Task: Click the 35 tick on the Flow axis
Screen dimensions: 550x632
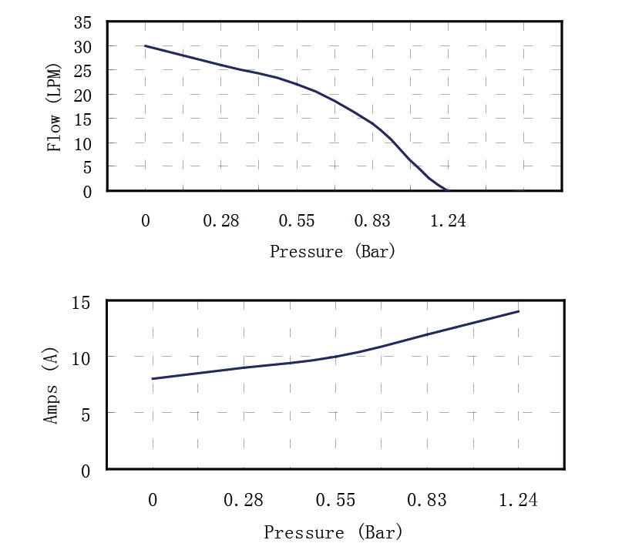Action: [x=82, y=22]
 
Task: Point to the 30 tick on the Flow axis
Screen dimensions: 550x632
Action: [x=82, y=46]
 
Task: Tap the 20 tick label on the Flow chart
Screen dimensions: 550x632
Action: [x=82, y=95]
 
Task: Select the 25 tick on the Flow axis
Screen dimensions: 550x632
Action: [x=82, y=71]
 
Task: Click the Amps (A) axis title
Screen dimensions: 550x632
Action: [x=52, y=386]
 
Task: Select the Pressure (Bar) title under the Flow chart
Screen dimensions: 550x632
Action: [x=332, y=251]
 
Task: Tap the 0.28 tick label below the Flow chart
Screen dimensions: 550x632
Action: [x=221, y=221]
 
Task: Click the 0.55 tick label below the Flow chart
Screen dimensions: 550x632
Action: [x=297, y=221]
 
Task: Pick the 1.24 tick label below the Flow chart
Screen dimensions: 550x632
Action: [x=448, y=221]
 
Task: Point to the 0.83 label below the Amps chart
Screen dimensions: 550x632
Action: [x=426, y=501]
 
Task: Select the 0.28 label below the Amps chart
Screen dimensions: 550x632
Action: [x=244, y=501]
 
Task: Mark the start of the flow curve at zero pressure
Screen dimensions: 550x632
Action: [x=146, y=46]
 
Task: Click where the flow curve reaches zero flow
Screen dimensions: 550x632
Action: [x=447, y=190]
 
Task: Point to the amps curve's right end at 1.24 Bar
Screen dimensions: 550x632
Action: [x=519, y=311]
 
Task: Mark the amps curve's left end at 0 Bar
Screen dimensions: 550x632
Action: [x=153, y=379]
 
